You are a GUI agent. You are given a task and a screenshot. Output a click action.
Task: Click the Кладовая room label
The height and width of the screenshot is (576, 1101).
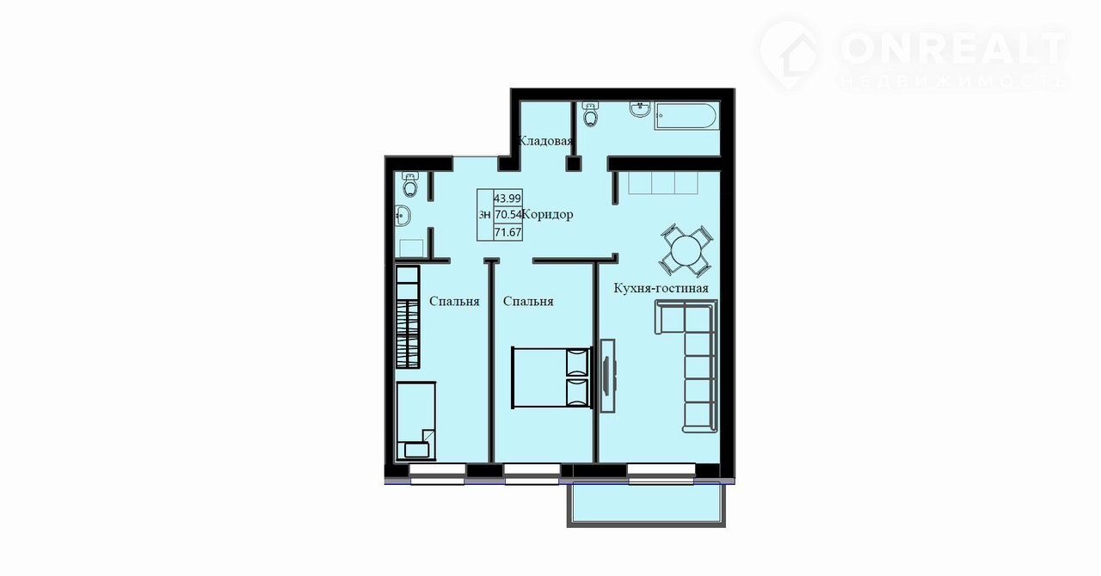pyautogui.click(x=545, y=141)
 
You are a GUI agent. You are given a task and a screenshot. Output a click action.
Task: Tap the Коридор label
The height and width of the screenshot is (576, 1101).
pyautogui.click(x=547, y=214)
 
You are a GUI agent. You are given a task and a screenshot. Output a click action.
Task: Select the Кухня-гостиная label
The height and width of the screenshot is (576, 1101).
pyautogui.click(x=661, y=288)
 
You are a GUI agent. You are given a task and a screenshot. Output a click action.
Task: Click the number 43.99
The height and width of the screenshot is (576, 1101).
pyautogui.click(x=507, y=199)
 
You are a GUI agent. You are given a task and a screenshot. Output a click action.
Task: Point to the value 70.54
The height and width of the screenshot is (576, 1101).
pyautogui.click(x=507, y=215)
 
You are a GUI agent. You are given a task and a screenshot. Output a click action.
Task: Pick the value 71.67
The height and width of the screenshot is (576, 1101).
pyautogui.click(x=507, y=232)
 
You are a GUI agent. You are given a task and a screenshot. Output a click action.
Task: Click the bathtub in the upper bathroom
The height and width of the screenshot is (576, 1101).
pyautogui.click(x=686, y=116)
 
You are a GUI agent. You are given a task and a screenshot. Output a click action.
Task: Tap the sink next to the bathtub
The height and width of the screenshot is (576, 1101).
pyautogui.click(x=641, y=109)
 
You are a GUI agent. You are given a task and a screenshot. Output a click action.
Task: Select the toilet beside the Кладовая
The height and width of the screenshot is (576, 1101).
pyautogui.click(x=590, y=113)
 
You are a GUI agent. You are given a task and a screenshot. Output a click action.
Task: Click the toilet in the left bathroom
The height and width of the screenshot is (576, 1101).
pyautogui.click(x=410, y=184)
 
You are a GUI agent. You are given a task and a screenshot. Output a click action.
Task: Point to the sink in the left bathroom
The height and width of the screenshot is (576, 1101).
pyautogui.click(x=403, y=216)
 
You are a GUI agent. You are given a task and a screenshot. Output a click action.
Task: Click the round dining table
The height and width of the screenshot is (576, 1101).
pyautogui.click(x=686, y=250)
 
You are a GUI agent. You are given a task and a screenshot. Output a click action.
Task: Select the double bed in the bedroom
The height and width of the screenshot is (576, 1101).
pyautogui.click(x=550, y=377)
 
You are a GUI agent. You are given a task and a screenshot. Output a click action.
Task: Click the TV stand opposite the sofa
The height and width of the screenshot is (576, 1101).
pyautogui.click(x=608, y=376)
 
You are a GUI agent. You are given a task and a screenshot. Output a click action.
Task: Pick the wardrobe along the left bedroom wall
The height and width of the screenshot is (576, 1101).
pyautogui.click(x=408, y=317)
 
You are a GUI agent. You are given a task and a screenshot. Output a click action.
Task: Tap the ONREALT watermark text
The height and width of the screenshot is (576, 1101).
pyautogui.click(x=954, y=48)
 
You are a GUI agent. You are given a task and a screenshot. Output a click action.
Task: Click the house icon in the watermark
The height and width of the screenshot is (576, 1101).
pyautogui.click(x=790, y=54)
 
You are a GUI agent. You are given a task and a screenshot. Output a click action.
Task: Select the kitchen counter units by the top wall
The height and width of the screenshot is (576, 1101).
pyautogui.click(x=663, y=183)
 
